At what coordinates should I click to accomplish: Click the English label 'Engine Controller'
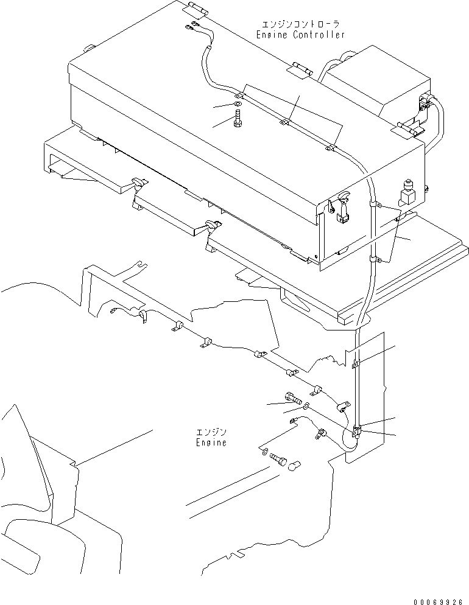(x=300, y=35)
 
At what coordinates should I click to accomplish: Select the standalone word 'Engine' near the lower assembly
(x=211, y=442)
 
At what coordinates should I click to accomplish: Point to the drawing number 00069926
(x=439, y=601)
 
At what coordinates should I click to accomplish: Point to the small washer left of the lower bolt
(x=263, y=452)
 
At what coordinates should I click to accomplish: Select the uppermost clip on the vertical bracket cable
(x=356, y=364)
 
